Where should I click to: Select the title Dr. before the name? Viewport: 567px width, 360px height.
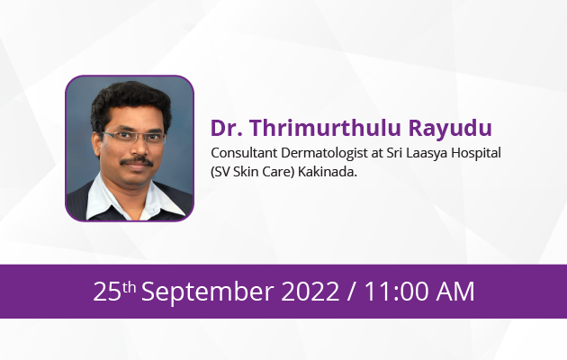tap(227, 128)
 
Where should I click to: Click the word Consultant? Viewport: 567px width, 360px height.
tap(245, 153)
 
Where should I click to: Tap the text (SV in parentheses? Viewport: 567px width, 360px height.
tap(220, 172)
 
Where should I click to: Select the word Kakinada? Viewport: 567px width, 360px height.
tap(328, 172)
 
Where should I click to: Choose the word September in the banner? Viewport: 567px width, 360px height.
tap(208, 292)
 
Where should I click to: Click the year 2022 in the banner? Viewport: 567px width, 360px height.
tap(310, 292)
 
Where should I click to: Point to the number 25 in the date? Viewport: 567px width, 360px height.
tap(107, 292)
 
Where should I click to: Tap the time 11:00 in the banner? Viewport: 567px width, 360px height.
tap(397, 292)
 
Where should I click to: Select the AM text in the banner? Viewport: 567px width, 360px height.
tap(455, 292)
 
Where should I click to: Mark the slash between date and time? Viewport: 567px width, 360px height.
tap(351, 292)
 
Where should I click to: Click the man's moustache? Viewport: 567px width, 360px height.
tap(137, 161)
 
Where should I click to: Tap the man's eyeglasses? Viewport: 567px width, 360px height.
tap(134, 137)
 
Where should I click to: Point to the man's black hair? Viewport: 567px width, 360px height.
tap(130, 98)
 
